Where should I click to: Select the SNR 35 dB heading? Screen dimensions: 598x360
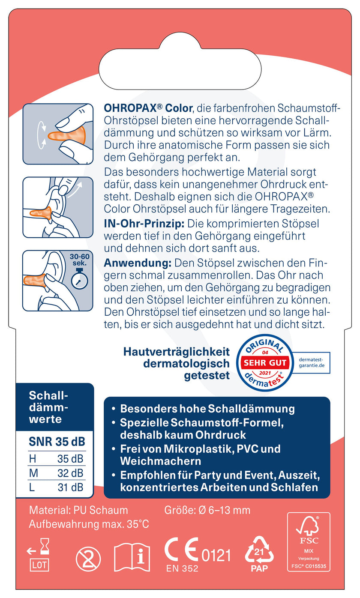click(57, 442)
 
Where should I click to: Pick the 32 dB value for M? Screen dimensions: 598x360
click(70, 473)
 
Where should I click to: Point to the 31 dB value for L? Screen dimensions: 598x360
click(70, 487)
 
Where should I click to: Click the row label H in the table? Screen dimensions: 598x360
click(33, 459)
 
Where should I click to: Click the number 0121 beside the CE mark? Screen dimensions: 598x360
click(216, 555)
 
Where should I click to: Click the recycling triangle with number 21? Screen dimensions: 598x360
click(259, 550)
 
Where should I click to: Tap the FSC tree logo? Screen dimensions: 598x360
click(308, 526)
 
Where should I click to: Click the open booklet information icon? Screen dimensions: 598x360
click(132, 557)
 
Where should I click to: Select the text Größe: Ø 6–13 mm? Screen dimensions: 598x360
click(207, 510)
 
